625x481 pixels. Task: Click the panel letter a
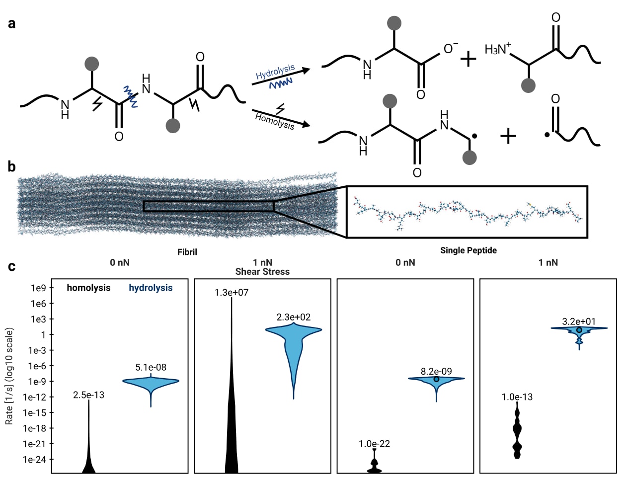click(12, 23)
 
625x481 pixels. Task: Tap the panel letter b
click(12, 166)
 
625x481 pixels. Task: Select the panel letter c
click(12, 267)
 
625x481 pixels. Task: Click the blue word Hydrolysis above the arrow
click(275, 72)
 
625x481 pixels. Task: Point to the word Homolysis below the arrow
click(275, 121)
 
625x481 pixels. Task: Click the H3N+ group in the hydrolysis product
click(498, 49)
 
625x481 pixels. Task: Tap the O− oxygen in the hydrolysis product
click(451, 48)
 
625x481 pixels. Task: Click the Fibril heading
click(187, 252)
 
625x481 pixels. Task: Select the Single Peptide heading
click(469, 250)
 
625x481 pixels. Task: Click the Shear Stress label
click(262, 272)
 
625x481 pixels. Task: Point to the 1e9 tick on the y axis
click(38, 288)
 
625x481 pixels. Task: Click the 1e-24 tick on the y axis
click(34, 460)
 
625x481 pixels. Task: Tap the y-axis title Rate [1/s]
click(9, 376)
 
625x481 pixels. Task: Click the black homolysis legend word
click(88, 288)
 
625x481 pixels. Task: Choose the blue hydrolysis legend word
click(151, 288)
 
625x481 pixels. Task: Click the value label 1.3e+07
click(232, 293)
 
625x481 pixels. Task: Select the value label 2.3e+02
click(294, 317)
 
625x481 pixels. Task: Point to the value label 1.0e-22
click(374, 444)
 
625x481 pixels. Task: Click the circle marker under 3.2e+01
click(579, 330)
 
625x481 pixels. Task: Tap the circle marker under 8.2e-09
click(436, 380)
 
